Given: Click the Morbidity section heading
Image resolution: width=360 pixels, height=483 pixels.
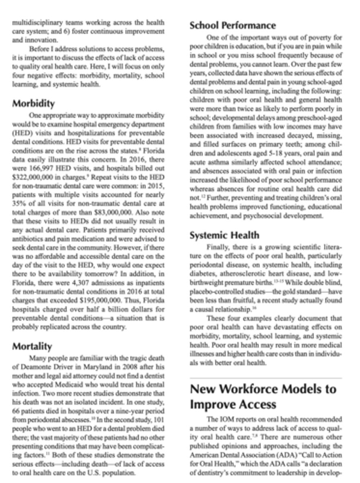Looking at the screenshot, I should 33,103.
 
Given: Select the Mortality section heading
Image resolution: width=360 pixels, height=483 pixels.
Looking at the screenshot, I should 32,346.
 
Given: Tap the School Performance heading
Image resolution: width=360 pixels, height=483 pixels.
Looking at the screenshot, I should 232,25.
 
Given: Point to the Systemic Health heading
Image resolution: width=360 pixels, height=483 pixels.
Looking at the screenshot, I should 224,235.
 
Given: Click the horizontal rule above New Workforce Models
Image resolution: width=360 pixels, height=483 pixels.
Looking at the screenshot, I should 265,378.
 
